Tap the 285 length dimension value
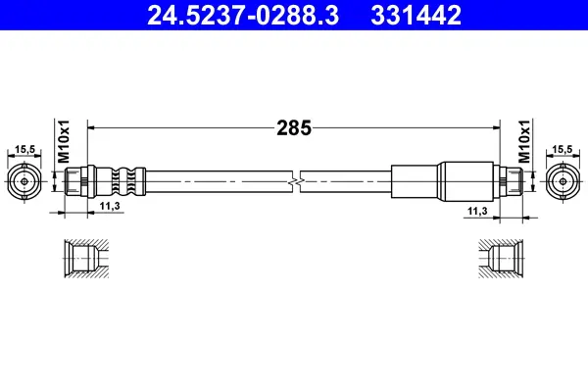(293, 126)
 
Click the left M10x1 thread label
(61, 143)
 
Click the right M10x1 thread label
(523, 143)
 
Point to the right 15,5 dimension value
(562, 149)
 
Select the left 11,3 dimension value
(110, 207)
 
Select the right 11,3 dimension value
(477, 211)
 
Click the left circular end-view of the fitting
(24, 181)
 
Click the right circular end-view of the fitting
(562, 181)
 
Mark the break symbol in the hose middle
(296, 181)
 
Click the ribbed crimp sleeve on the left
(121, 181)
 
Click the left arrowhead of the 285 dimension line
(93, 126)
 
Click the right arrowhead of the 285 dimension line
(495, 126)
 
